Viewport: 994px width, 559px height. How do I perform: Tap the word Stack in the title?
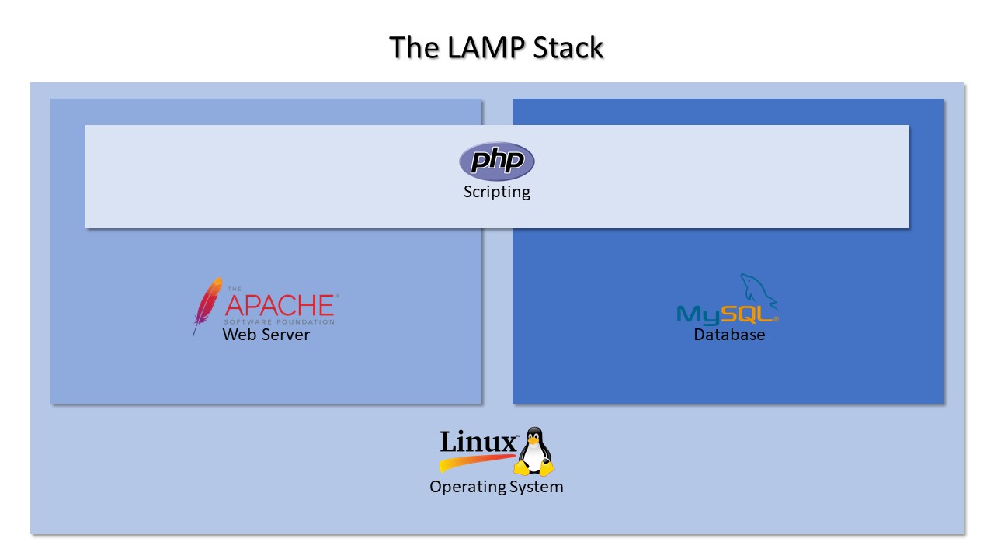[568, 47]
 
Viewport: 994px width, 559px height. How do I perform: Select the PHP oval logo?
[497, 161]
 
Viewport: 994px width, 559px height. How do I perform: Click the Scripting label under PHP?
[497, 192]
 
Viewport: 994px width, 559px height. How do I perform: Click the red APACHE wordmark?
[280, 304]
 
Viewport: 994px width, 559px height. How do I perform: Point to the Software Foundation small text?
[280, 321]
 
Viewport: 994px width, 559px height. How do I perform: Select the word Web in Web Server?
[238, 335]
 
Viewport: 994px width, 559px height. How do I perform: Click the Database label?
[729, 335]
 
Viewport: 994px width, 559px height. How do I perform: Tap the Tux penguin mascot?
[534, 451]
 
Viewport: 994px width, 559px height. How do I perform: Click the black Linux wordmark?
[478, 442]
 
